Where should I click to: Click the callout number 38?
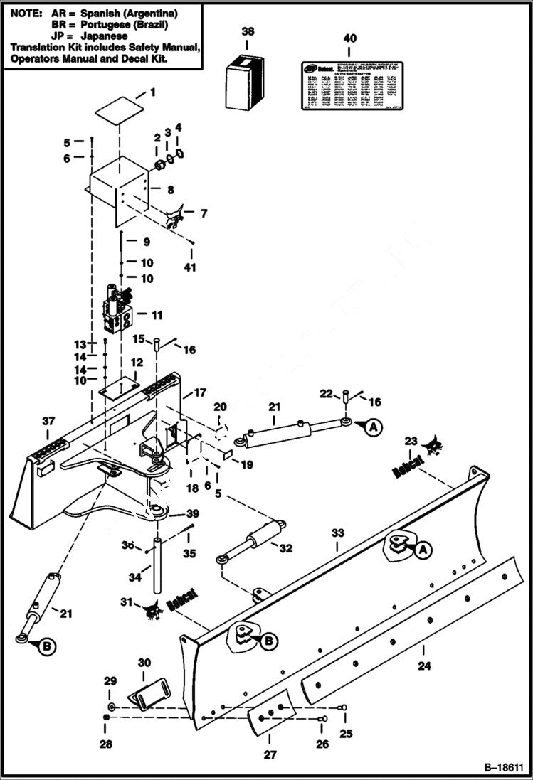point(247,32)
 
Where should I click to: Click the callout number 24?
point(424,667)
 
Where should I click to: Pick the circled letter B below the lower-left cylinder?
point(46,646)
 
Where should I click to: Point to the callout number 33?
point(338,533)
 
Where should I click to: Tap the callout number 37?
point(48,422)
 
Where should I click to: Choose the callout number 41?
point(189,268)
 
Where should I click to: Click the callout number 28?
point(105,744)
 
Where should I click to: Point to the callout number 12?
point(137,362)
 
